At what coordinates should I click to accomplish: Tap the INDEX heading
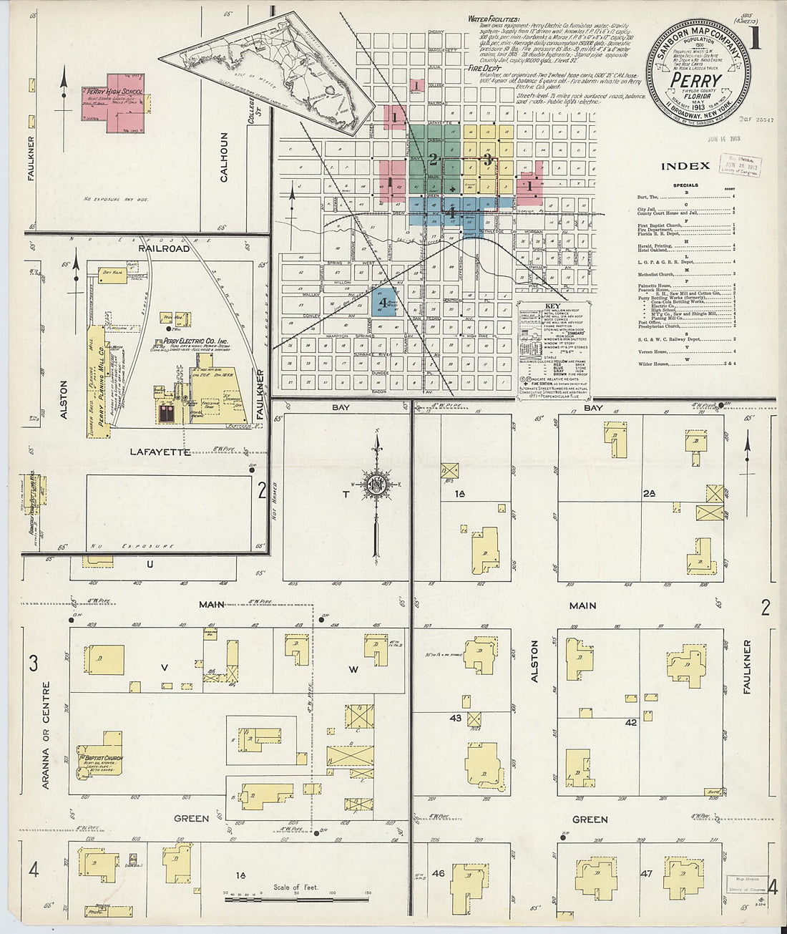(x=685, y=166)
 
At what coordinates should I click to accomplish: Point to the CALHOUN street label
(x=224, y=157)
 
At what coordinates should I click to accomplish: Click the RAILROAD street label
(x=165, y=248)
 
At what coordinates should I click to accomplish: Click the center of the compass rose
(x=376, y=485)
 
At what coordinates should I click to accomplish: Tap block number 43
(x=456, y=718)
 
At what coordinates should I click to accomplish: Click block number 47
(x=646, y=873)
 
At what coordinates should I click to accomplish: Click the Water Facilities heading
(x=494, y=19)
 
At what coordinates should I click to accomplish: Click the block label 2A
(x=649, y=494)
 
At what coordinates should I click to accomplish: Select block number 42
(x=630, y=723)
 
